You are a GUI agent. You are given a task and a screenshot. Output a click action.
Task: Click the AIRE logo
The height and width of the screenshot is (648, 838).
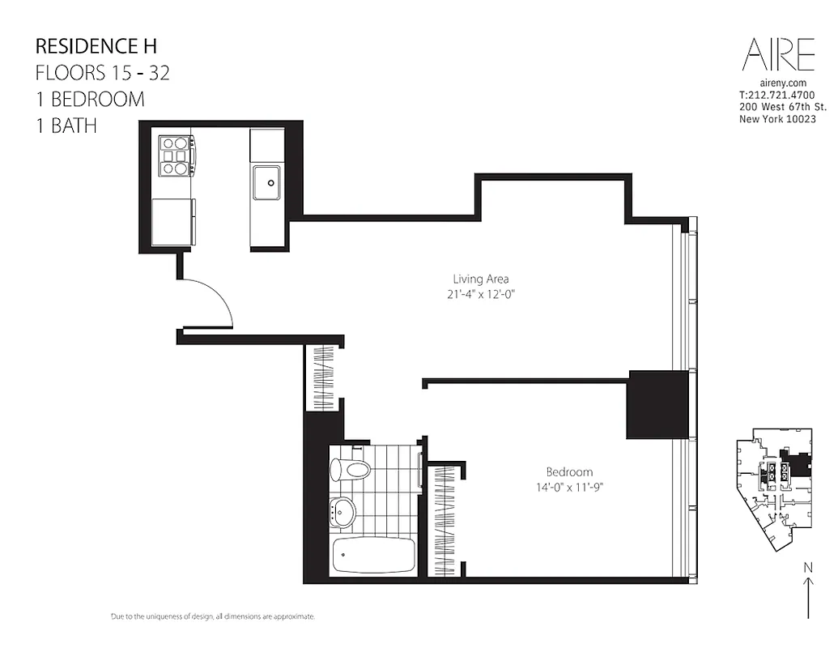(x=778, y=54)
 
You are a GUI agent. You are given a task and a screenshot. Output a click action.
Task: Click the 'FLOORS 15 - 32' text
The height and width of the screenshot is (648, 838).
(x=102, y=72)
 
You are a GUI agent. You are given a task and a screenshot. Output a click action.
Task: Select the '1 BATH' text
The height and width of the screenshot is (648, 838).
(x=67, y=126)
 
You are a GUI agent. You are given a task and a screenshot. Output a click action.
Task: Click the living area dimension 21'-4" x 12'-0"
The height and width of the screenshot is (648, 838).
(x=480, y=295)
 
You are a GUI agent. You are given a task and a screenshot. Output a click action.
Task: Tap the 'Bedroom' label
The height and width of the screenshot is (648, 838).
(x=568, y=471)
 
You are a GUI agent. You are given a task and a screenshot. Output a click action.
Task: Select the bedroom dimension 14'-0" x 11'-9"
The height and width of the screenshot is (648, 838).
(x=568, y=487)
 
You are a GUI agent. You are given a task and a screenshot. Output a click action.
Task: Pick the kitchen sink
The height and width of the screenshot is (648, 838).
(x=266, y=182)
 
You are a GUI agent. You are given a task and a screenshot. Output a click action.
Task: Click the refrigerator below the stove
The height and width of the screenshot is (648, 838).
(x=173, y=222)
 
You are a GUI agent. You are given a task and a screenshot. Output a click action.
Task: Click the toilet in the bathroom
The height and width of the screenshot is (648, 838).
(x=350, y=469)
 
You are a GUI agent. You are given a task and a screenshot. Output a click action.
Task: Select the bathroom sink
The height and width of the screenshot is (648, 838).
(x=343, y=511)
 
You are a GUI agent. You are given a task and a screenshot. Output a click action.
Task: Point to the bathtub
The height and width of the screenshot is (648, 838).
(x=373, y=555)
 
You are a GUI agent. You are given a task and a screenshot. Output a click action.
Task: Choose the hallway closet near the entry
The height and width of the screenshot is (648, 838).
(x=321, y=378)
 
